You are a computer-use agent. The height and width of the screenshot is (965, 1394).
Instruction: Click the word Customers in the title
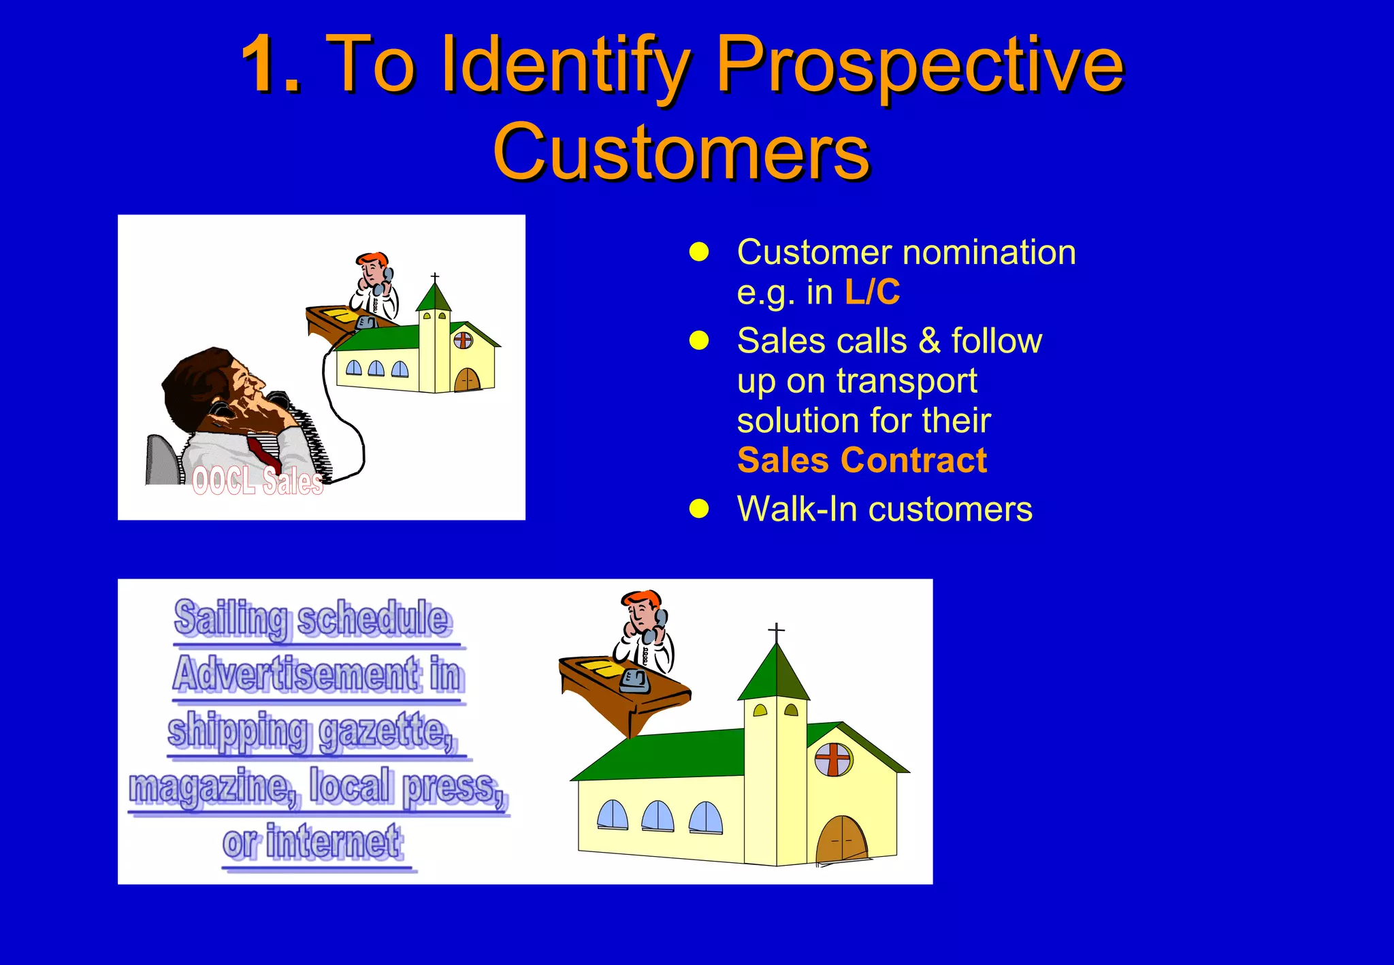(681, 152)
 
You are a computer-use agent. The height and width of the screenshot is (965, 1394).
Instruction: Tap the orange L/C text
(872, 292)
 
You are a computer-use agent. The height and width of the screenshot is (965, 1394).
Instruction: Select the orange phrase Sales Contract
(862, 460)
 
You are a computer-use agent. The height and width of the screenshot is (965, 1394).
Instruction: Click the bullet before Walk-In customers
(699, 508)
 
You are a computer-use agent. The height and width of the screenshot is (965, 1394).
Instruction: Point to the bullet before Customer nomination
(699, 252)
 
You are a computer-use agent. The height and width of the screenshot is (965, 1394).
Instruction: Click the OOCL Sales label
(257, 481)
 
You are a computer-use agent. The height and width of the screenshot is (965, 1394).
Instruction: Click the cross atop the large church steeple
(776, 631)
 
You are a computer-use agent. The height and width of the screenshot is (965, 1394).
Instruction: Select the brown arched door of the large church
(842, 840)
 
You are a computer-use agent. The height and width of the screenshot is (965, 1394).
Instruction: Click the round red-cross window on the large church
(833, 759)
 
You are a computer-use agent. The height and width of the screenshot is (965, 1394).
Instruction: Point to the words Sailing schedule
(312, 619)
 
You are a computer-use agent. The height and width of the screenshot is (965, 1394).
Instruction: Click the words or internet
(313, 843)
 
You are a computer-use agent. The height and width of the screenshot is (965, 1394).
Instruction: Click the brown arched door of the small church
(467, 380)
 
